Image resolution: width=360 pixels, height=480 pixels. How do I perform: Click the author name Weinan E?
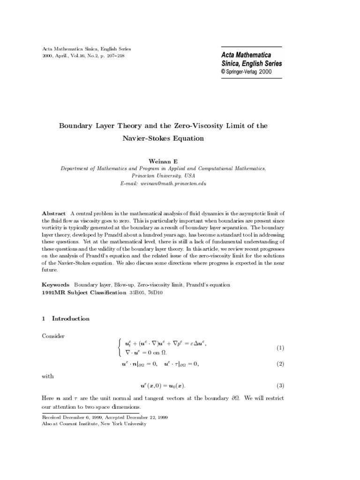pos(163,161)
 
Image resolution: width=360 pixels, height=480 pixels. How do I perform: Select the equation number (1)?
pos(280,348)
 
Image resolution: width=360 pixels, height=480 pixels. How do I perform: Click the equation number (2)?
pos(280,364)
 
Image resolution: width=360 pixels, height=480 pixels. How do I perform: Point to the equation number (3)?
pos(280,386)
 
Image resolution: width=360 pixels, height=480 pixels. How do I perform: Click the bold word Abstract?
pos(54,213)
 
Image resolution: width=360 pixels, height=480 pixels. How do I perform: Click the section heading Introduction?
pos(70,319)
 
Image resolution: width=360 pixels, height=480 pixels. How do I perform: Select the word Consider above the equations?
pos(53,336)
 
